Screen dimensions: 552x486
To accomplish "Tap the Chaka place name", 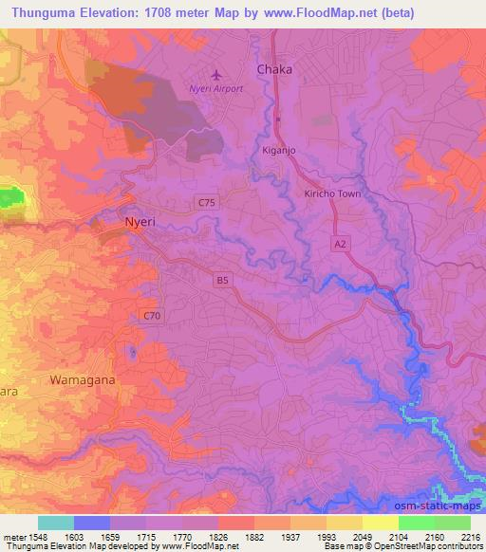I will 274,70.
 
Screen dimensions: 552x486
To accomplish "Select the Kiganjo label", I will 280,150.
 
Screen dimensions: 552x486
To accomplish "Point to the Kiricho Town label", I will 332,193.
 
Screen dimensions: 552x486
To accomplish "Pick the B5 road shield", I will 222,280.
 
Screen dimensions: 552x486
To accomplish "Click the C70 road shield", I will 150,315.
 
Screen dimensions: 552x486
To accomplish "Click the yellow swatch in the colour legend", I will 380,523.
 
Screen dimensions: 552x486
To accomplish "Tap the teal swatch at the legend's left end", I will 56,523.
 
